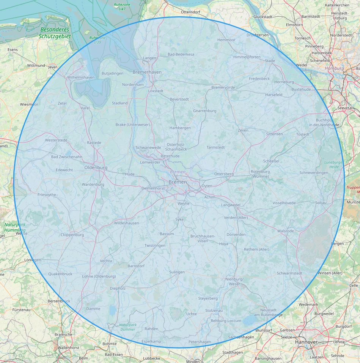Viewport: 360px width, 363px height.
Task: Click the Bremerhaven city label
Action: click(x=147, y=72)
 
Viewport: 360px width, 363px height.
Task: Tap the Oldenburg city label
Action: click(x=96, y=167)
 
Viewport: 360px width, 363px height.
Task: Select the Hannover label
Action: click(x=306, y=342)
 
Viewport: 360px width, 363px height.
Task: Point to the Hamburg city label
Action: click(x=334, y=68)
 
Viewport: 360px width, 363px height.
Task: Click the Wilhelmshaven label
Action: click(x=81, y=77)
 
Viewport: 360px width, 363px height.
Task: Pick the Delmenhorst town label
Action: click(x=153, y=188)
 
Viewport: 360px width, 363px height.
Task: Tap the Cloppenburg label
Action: click(x=72, y=235)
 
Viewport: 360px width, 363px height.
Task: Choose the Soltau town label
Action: click(x=321, y=203)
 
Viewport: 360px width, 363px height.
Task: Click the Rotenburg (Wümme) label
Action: click(x=260, y=174)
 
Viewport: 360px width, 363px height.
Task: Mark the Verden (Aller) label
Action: click(x=236, y=218)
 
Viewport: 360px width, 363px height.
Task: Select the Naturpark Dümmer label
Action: click(x=127, y=327)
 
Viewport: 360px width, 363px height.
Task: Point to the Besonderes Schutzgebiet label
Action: click(x=55, y=33)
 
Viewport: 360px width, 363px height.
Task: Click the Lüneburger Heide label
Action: click(x=333, y=164)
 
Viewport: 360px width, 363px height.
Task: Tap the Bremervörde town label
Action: click(x=223, y=87)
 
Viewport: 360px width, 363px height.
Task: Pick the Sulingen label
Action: click(x=177, y=272)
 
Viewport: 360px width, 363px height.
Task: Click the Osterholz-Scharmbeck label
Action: click(x=177, y=147)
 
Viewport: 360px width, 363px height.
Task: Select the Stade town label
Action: click(x=270, y=61)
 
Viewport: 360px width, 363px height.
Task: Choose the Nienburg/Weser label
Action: click(x=234, y=281)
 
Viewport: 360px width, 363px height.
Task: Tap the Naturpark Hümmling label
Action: click(x=14, y=227)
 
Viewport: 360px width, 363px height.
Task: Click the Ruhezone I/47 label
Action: click(x=122, y=6)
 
